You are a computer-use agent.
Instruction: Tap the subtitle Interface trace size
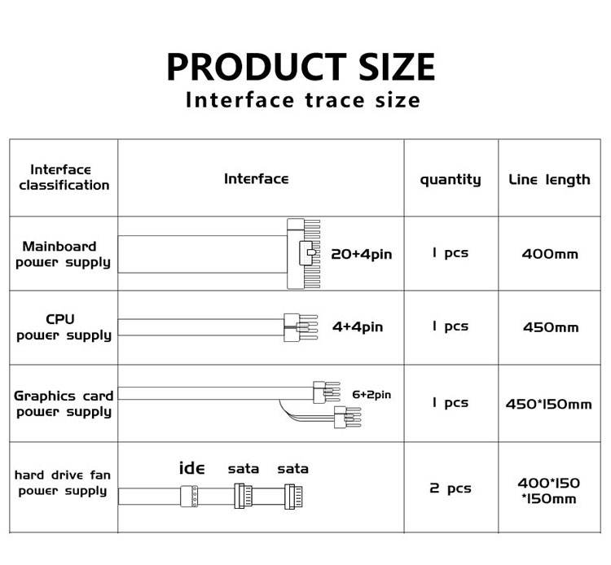(302, 100)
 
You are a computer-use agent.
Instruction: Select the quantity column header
(451, 179)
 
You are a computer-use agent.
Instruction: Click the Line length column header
(549, 179)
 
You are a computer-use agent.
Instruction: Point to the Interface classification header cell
(64, 177)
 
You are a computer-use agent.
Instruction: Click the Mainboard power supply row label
(64, 254)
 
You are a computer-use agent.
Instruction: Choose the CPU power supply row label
(64, 327)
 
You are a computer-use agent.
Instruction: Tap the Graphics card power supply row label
(64, 403)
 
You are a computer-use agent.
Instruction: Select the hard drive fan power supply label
(63, 483)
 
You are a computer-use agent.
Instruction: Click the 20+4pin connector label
(361, 254)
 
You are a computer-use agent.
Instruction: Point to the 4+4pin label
(358, 327)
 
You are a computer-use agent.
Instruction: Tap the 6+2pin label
(371, 395)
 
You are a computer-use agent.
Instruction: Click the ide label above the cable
(191, 468)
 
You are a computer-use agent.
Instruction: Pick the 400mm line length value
(550, 254)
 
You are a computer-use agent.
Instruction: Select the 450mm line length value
(550, 327)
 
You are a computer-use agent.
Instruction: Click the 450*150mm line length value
(549, 404)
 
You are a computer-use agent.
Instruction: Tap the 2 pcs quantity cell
(451, 488)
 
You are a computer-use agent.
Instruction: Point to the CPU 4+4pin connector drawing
(295, 327)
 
